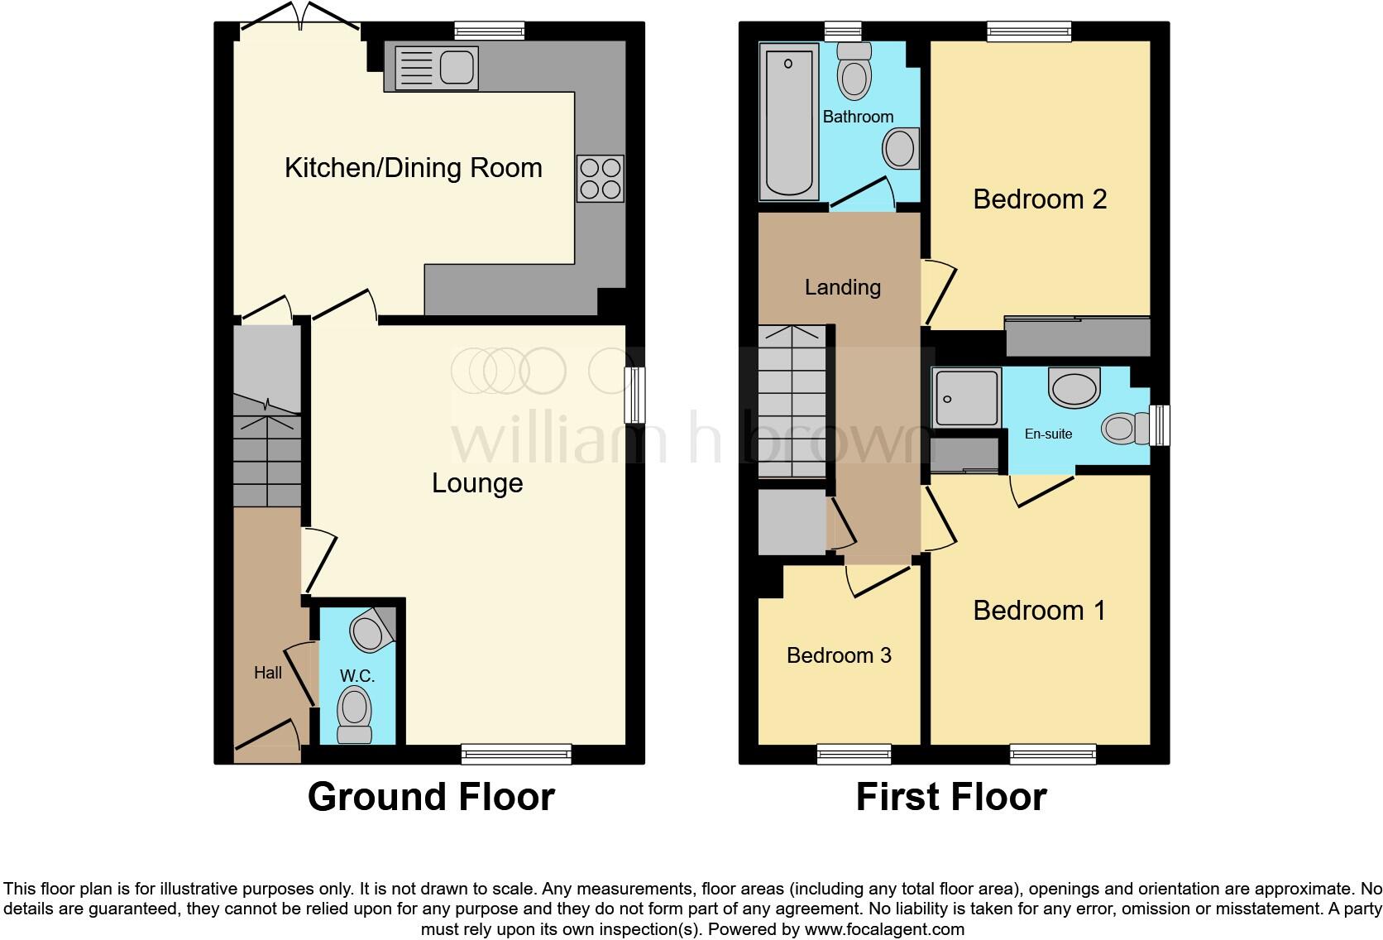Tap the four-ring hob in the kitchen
601,179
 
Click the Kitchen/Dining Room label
413,168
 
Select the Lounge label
477,483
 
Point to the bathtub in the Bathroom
788,122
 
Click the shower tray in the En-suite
966,398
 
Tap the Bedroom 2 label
1039,199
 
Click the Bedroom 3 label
839,655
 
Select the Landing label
842,287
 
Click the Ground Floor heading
431,797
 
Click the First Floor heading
950,797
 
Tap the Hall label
267,673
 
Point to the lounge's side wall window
634,396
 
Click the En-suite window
1160,425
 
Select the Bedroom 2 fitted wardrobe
1077,336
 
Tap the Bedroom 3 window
854,754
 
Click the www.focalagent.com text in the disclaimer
883,929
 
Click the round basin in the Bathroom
900,150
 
